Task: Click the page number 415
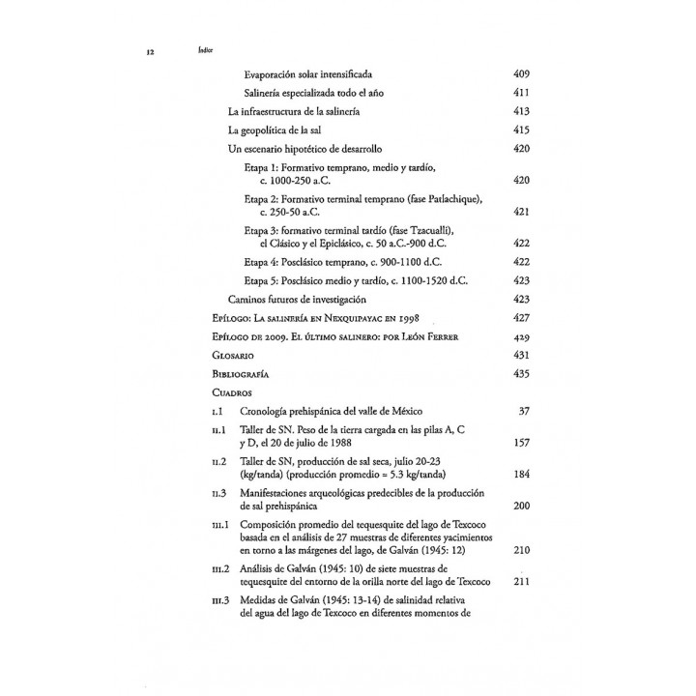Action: (522, 130)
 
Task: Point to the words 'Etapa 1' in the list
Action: (261, 168)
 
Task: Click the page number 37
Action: (525, 411)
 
